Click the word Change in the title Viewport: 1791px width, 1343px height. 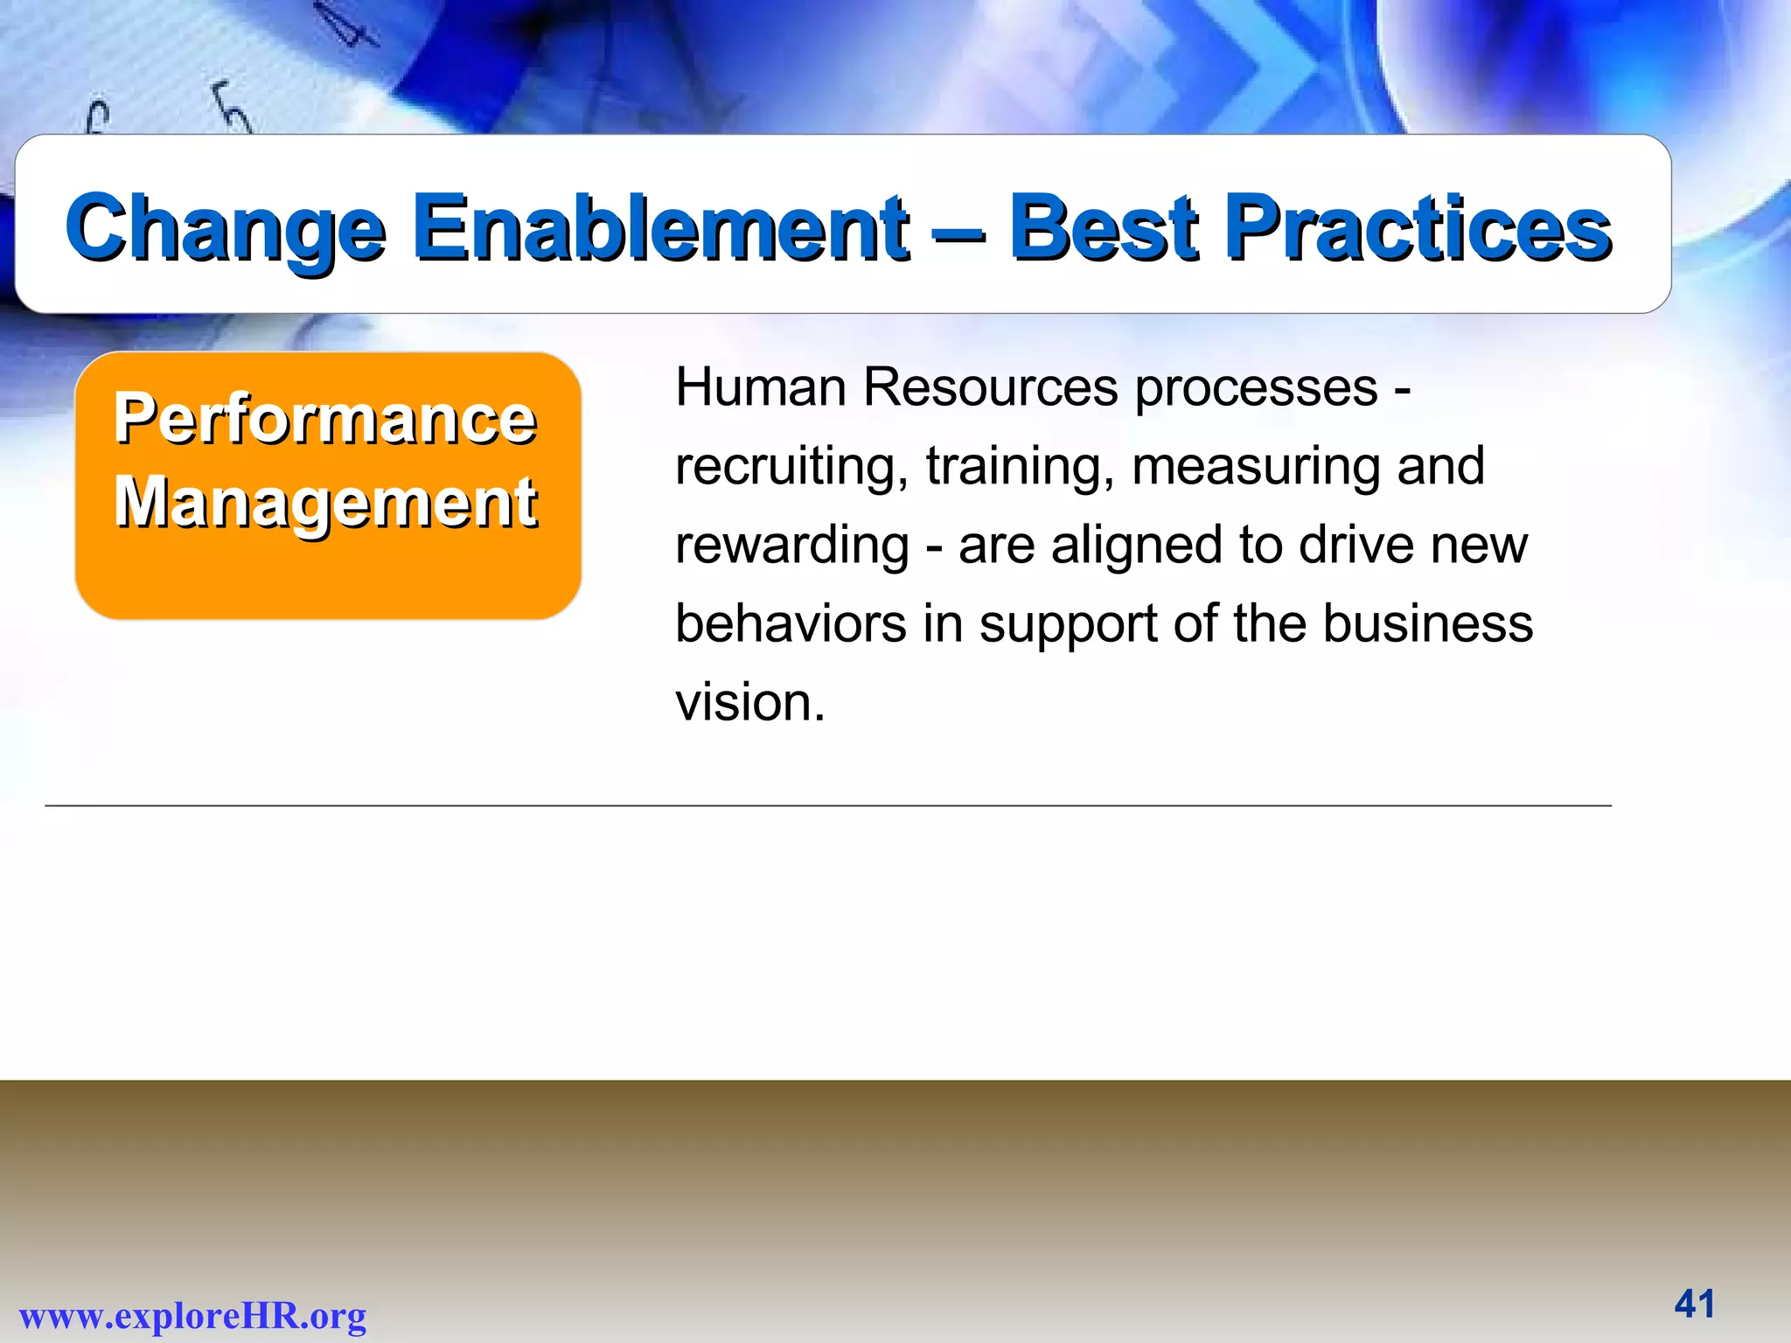coord(226,229)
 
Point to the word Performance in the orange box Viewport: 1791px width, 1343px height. coord(325,419)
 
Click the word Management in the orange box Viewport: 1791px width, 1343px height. coord(325,503)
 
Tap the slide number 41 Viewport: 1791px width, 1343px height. coord(1694,1304)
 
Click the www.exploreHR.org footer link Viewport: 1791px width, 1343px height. coord(192,1315)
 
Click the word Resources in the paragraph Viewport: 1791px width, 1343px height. coord(990,387)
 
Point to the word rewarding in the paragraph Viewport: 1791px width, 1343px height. coord(791,546)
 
